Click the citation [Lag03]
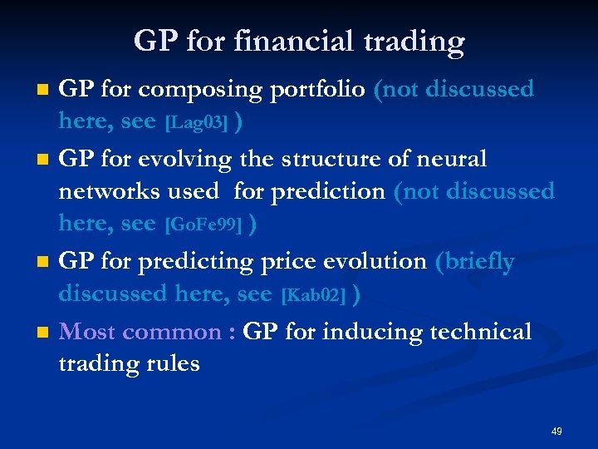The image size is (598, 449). click(196, 123)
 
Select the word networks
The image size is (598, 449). click(106, 192)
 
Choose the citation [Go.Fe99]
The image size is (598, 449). click(204, 225)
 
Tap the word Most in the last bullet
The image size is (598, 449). click(84, 332)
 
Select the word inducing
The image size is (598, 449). click(360, 332)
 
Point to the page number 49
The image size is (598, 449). click(556, 432)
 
